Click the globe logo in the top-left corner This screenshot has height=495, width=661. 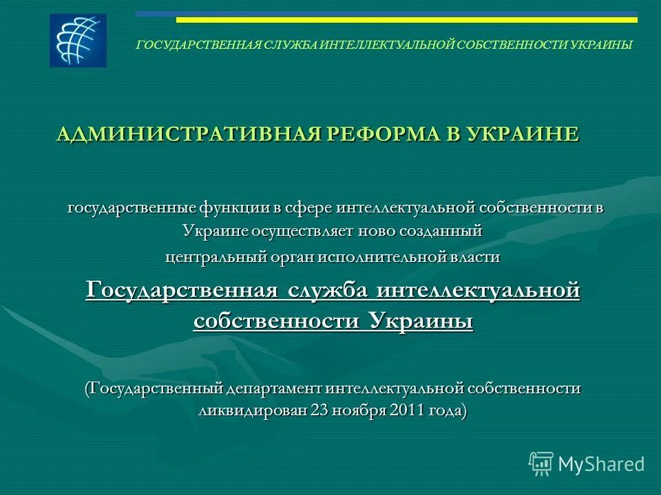(x=78, y=41)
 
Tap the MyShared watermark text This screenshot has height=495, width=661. (x=601, y=464)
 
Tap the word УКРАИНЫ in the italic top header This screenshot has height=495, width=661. (x=600, y=45)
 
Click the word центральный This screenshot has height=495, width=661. (x=207, y=256)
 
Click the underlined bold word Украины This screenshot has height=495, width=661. (x=421, y=320)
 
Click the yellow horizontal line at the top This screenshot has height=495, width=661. (x=406, y=20)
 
